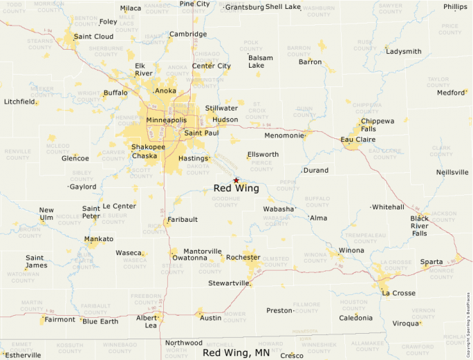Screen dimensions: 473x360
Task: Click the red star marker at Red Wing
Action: pyautogui.click(x=236, y=180)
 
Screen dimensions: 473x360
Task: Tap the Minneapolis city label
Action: pyautogui.click(x=166, y=120)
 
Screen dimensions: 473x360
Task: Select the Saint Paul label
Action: pyautogui.click(x=201, y=133)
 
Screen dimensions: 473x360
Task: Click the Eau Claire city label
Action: pyautogui.click(x=358, y=140)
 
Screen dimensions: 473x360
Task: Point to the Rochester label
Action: pyautogui.click(x=243, y=257)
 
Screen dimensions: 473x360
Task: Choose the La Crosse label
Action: pyautogui.click(x=398, y=293)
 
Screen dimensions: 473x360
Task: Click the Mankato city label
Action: pyautogui.click(x=99, y=239)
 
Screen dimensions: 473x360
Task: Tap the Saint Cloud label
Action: pyautogui.click(x=93, y=37)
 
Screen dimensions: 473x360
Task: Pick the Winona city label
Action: pyautogui.click(x=351, y=250)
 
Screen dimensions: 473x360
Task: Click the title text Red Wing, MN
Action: pyautogui.click(x=236, y=352)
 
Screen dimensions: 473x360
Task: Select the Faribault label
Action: pyautogui.click(x=181, y=220)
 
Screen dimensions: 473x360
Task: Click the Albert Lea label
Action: pyautogui.click(x=147, y=321)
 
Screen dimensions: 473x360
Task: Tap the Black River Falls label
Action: pyautogui.click(x=419, y=226)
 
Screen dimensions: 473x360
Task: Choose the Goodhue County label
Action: pyautogui.click(x=225, y=202)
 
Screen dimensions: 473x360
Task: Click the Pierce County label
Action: pyautogui.click(x=261, y=167)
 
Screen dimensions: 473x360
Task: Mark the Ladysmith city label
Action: pyautogui.click(x=403, y=52)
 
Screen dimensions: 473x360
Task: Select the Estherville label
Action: pyautogui.click(x=23, y=355)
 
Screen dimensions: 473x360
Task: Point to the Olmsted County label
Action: pyautogui.click(x=276, y=262)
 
